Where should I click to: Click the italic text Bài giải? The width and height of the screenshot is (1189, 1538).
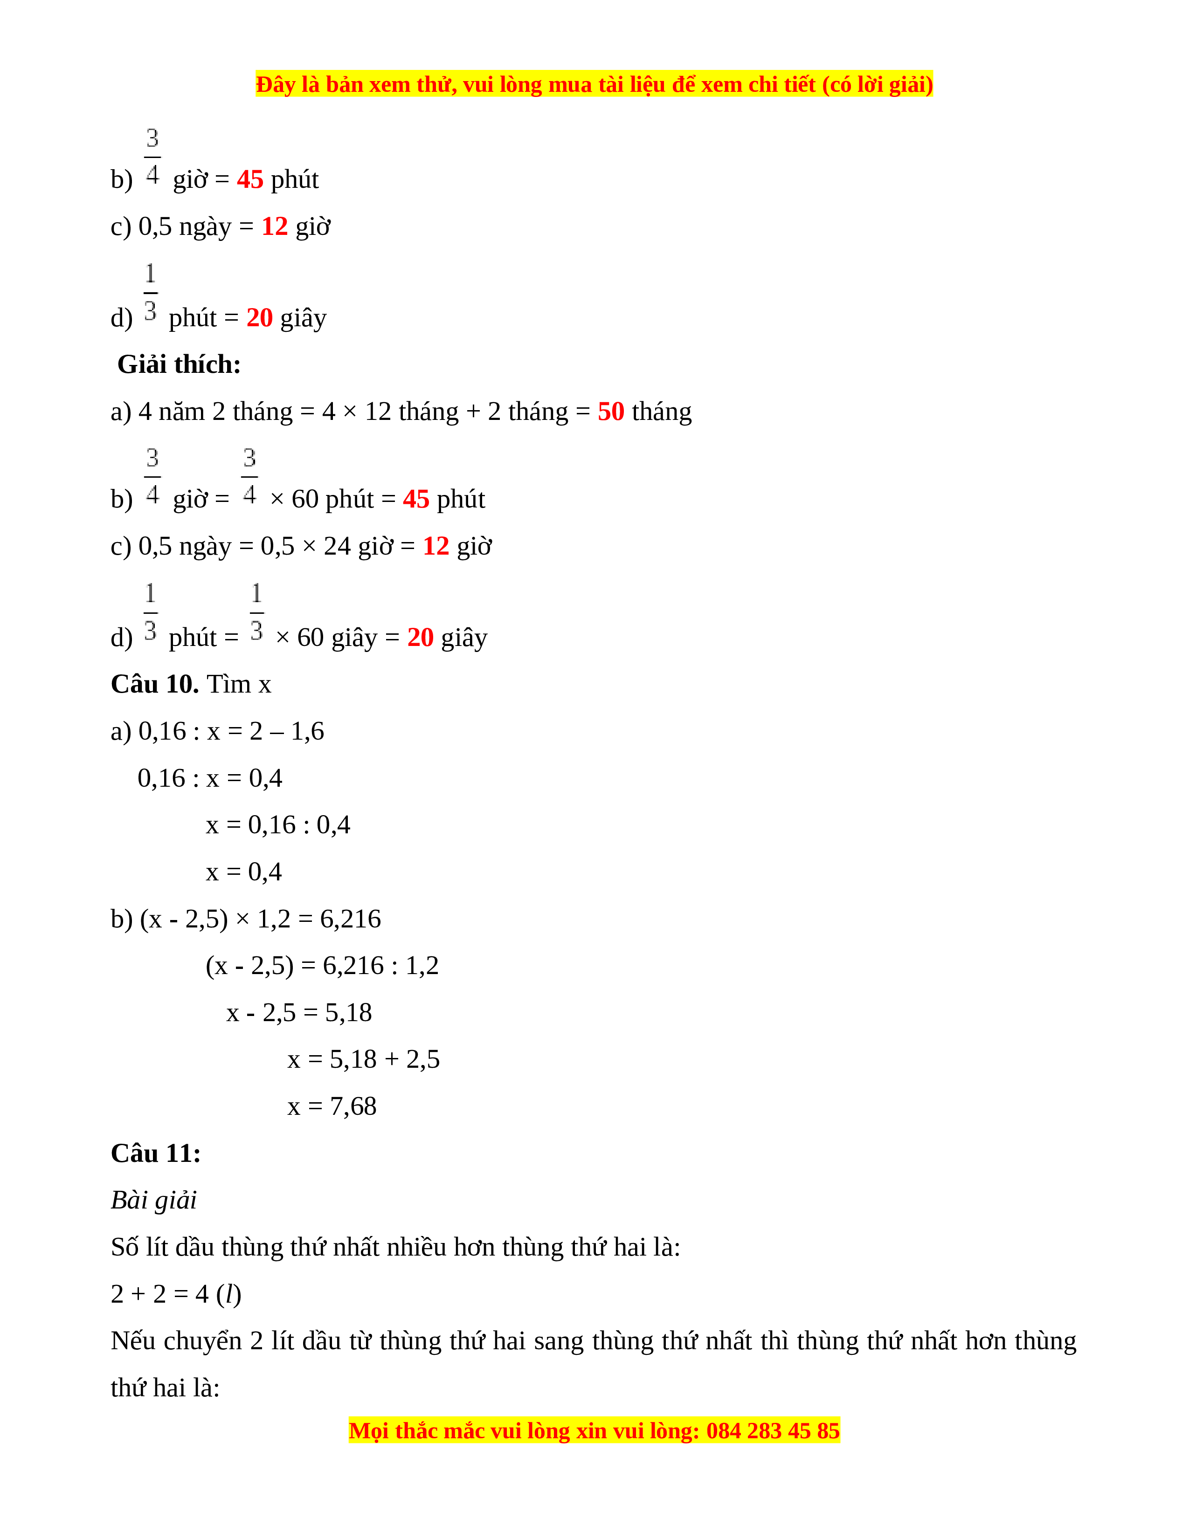[x=153, y=1200]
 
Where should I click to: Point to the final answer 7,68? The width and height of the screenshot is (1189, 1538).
[x=353, y=1106]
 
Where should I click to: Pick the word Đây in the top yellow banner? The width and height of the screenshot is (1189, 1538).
[x=276, y=84]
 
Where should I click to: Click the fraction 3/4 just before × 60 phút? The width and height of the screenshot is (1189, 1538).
[x=249, y=476]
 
